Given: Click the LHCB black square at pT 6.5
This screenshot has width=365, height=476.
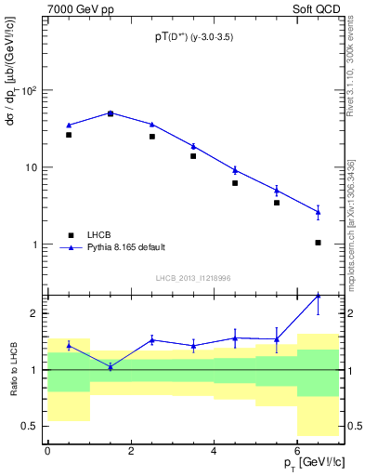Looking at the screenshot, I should (x=319, y=243).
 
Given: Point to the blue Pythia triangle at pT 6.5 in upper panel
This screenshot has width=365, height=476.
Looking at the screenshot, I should (x=319, y=212).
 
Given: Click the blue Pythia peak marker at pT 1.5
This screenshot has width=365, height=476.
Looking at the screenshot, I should (x=111, y=112).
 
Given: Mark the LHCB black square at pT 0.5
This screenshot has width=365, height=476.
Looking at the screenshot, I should (x=69, y=135).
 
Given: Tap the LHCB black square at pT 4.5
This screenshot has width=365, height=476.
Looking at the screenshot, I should (x=235, y=183).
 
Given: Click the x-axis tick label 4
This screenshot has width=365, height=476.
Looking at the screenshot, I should (x=215, y=451).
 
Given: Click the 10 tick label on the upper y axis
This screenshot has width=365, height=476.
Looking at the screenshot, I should (x=33, y=167).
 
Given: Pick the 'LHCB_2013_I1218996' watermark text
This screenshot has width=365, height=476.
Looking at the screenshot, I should (x=193, y=278).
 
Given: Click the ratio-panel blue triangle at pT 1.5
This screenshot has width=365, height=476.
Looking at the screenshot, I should (x=111, y=366).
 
